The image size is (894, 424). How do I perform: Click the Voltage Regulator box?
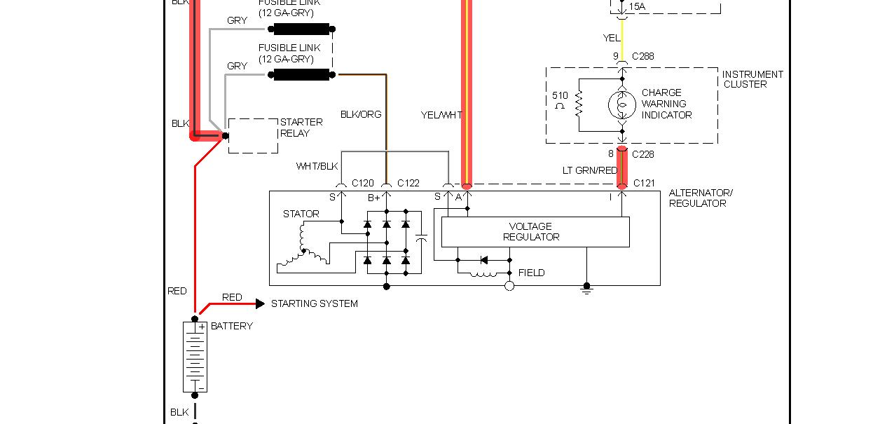point(535,232)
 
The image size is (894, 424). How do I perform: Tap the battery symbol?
point(195,357)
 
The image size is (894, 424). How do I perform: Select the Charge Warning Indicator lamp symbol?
point(621,104)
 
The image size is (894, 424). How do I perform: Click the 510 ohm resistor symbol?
point(579,104)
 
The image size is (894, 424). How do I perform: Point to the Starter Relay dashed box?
point(253,135)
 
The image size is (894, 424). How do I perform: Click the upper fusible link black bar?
point(301,29)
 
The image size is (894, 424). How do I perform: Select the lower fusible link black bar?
point(301,74)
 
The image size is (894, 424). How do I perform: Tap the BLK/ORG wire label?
point(361,114)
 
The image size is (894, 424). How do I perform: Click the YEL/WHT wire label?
point(441,114)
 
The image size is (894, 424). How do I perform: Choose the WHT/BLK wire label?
point(317,166)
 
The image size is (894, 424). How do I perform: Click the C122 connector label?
point(408,183)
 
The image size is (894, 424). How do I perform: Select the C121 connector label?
point(645,183)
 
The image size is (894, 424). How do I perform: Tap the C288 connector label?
point(643,56)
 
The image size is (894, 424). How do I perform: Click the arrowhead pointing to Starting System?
point(260,303)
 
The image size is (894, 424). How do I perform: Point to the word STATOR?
point(301,214)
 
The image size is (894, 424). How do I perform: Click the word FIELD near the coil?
point(531,273)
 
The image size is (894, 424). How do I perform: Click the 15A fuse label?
point(637,7)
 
